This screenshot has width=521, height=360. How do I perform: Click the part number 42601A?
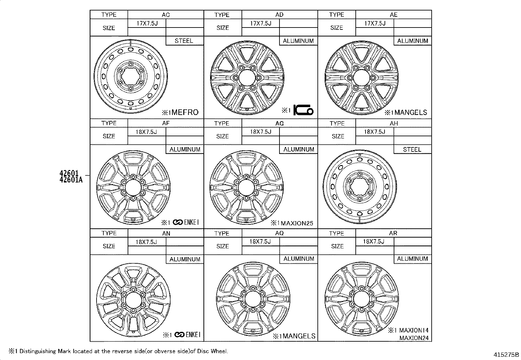71,180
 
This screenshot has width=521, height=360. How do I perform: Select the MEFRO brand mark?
185,112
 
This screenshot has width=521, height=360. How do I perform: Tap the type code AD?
279,15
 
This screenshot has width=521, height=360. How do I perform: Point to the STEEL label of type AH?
412,149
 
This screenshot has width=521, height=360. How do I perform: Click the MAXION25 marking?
297,223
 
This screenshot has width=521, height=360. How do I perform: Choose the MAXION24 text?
414,338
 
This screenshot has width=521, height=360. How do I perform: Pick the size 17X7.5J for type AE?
375,23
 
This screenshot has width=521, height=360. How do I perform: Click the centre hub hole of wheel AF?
133,187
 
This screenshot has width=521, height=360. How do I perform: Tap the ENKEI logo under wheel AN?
187,335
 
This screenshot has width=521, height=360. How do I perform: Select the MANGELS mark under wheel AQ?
299,336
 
